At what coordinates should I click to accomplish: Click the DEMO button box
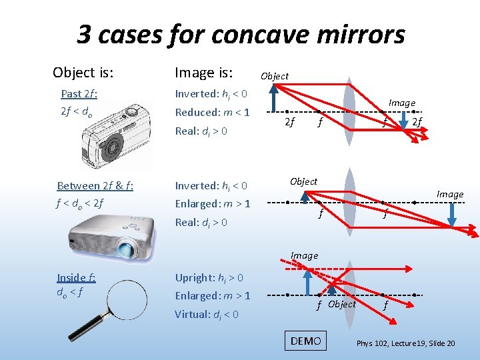(x=306, y=341)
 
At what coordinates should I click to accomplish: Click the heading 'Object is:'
(x=83, y=71)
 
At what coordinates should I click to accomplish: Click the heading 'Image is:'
(x=203, y=71)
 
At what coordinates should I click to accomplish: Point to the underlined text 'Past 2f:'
(x=79, y=93)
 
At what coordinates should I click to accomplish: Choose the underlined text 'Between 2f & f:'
(x=95, y=185)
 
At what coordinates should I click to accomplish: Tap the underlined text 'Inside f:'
(x=76, y=277)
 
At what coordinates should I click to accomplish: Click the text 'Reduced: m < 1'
(x=212, y=112)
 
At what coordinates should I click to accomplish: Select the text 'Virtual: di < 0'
(x=207, y=314)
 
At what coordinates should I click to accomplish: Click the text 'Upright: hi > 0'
(x=209, y=277)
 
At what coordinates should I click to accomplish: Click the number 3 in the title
(x=85, y=34)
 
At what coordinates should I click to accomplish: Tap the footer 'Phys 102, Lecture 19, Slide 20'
(x=405, y=343)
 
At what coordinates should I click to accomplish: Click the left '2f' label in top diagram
(x=289, y=122)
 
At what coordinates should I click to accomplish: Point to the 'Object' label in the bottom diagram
(x=342, y=304)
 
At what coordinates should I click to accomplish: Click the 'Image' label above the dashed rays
(x=304, y=255)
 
